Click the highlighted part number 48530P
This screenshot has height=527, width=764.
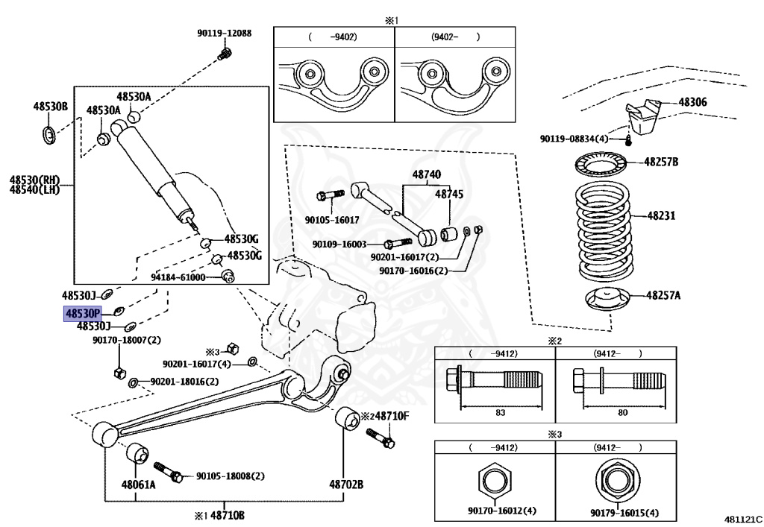[82, 314]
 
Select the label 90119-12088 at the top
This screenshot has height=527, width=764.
[224, 34]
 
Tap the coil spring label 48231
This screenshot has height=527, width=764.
[660, 216]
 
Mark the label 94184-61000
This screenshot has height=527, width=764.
[178, 277]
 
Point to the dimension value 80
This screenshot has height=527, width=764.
[623, 411]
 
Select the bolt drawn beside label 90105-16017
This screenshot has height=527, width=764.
[329, 196]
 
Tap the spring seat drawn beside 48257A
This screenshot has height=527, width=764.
[603, 300]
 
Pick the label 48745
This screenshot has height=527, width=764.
[449, 194]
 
